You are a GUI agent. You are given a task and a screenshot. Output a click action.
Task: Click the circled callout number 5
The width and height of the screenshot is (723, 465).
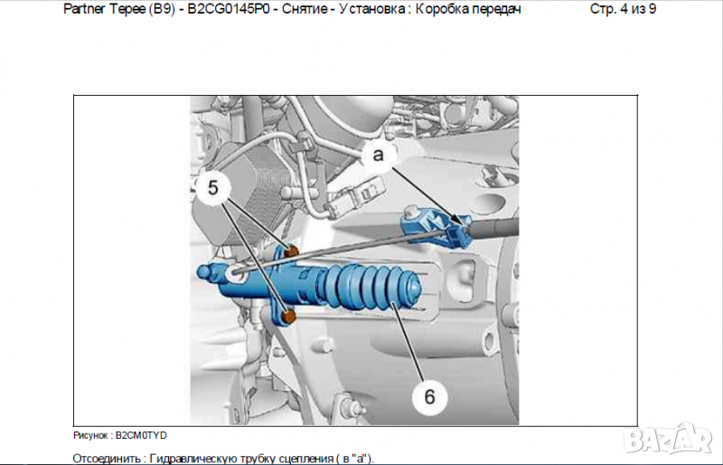pyautogui.click(x=212, y=188)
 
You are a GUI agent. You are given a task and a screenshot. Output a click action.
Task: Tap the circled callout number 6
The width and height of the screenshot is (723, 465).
pyautogui.click(x=429, y=396)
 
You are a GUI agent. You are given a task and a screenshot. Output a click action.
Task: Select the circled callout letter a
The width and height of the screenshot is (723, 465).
pyautogui.click(x=378, y=155)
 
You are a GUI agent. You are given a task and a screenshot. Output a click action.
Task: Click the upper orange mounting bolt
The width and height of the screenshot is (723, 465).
pyautogui.click(x=291, y=252)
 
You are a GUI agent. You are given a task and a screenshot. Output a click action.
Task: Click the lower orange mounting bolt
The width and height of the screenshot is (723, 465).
pyautogui.click(x=288, y=317)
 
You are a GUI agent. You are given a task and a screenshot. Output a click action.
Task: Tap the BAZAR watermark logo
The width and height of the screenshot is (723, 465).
pyautogui.click(x=668, y=439)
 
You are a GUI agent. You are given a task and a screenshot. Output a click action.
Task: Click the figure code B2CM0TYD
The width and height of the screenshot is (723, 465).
pyautogui.click(x=141, y=435)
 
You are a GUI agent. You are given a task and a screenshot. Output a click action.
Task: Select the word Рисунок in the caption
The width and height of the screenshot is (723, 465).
pyautogui.click(x=90, y=435)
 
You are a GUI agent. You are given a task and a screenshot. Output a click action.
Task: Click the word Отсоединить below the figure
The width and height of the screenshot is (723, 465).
pyautogui.click(x=106, y=459)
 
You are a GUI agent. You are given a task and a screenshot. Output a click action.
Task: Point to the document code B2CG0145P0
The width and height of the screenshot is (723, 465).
pyautogui.click(x=229, y=9)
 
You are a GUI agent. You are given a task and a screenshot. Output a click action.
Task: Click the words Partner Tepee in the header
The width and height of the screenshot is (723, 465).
pyautogui.click(x=104, y=9)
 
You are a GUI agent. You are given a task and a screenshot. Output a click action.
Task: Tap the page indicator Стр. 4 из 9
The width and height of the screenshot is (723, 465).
pyautogui.click(x=623, y=9)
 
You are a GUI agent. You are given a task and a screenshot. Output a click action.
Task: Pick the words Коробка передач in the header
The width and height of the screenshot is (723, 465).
pyautogui.click(x=468, y=9)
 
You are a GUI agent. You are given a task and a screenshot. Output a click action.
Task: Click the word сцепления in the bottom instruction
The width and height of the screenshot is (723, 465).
pyautogui.click(x=306, y=459)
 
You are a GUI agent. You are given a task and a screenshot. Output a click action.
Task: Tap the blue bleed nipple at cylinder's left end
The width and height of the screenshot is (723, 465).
pyautogui.click(x=206, y=271)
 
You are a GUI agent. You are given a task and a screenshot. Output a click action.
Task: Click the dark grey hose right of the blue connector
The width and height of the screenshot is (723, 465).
pyautogui.click(x=493, y=228)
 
